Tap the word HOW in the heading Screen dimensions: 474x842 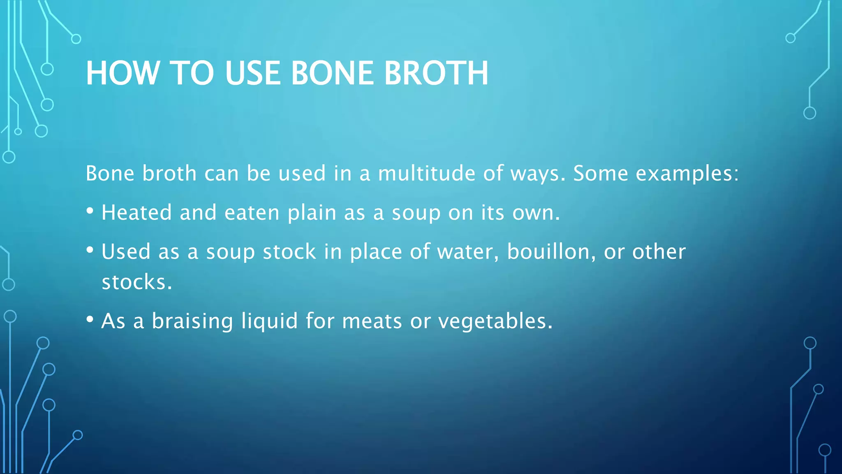123,73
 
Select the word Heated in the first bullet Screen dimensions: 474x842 136,213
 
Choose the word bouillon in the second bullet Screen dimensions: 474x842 551,252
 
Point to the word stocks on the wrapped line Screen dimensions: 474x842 136,283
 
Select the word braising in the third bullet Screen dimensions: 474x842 192,321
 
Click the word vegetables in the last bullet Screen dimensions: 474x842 495,321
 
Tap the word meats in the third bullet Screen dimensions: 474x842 372,321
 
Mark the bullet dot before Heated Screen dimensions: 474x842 90,211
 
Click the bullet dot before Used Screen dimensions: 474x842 90,250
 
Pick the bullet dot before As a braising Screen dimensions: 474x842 90,320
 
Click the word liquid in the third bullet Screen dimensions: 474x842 269,321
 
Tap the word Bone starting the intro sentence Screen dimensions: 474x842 110,173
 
